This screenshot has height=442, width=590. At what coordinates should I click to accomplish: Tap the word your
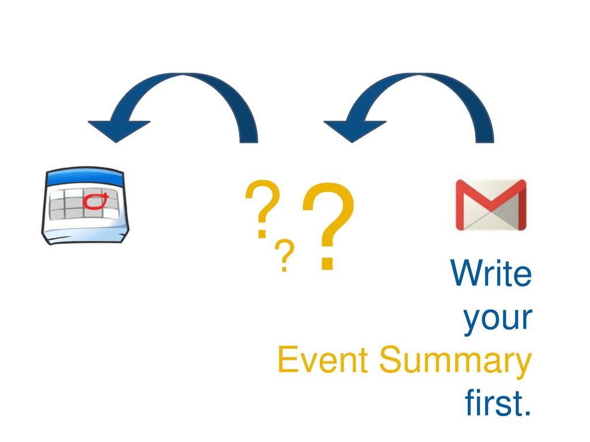[x=497, y=319]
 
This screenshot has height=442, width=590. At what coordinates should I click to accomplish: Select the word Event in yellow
[x=323, y=360]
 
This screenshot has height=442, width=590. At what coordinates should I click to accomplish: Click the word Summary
[x=455, y=361]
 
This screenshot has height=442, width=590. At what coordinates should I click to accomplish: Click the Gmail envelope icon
[x=491, y=205]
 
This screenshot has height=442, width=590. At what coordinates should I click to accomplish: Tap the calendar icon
[x=85, y=205]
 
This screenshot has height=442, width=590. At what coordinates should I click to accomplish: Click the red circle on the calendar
[x=95, y=201]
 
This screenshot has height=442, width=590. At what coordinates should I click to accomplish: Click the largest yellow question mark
[x=328, y=226]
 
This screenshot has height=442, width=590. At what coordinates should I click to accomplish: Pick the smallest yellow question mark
[x=285, y=255]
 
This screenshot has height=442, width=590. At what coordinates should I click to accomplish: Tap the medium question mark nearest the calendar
[x=263, y=209]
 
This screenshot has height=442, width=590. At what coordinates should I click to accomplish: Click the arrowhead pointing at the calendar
[x=118, y=131]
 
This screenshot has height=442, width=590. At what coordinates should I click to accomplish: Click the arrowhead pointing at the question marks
[x=354, y=131]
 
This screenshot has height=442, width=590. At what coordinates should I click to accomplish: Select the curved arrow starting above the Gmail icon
[x=418, y=79]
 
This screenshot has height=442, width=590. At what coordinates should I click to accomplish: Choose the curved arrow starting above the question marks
[x=183, y=79]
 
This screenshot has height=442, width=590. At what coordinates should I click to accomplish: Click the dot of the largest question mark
[x=327, y=263]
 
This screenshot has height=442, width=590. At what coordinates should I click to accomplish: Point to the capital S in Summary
[x=392, y=360]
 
